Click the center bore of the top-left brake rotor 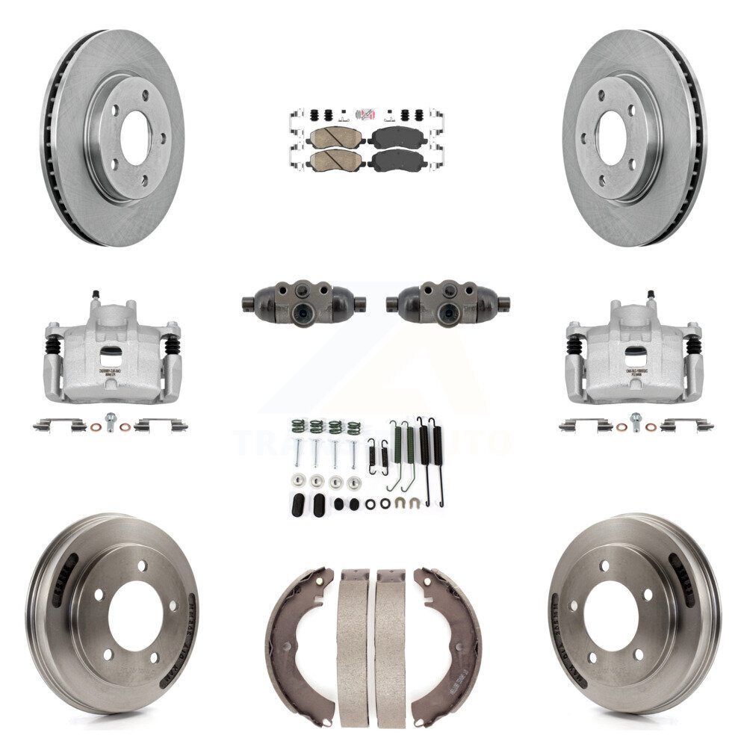pyautogui.click(x=135, y=140)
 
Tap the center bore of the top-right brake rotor pyautogui.click(x=611, y=139)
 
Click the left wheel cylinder pyautogui.click(x=303, y=303)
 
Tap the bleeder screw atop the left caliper pyautogui.click(x=96, y=296)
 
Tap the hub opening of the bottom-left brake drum pyautogui.click(x=135, y=615)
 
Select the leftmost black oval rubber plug pyautogui.click(x=297, y=505)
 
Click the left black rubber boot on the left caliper pyautogui.click(x=53, y=345)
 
